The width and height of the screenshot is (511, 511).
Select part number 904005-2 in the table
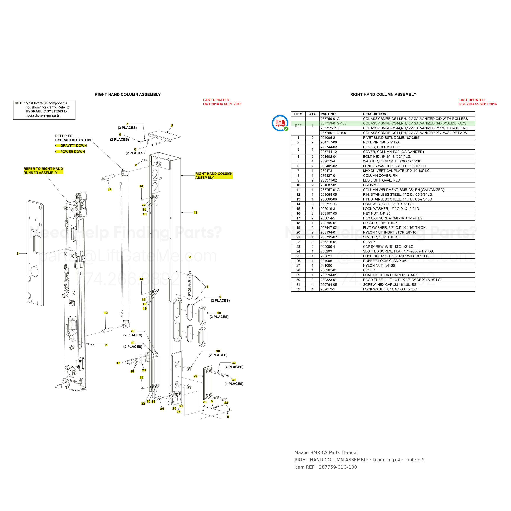pyautogui.click(x=327, y=138)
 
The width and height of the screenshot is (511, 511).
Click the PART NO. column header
pyautogui.click(x=328, y=114)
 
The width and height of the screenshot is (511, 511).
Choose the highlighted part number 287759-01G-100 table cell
pyautogui.click(x=333, y=123)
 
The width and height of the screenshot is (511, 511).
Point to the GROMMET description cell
pyautogui.click(x=372, y=185)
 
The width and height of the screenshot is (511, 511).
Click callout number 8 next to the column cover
pyautogui.click(x=17, y=254)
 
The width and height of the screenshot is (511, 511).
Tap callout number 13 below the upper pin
pyautogui.click(x=110, y=190)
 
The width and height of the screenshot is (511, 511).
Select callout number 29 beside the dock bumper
pyautogui.click(x=195, y=376)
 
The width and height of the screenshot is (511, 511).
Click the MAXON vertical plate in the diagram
pyautogui.click(x=190, y=286)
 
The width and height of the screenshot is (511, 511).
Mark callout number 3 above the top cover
pyautogui.click(x=172, y=125)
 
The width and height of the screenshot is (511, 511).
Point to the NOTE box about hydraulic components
pyautogui.click(x=44, y=110)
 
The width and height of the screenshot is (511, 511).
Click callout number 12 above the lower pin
pyautogui.click(x=106, y=313)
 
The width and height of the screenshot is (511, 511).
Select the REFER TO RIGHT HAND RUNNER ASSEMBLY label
pyautogui.click(x=43, y=171)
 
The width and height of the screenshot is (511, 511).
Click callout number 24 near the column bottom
pyautogui.click(x=162, y=409)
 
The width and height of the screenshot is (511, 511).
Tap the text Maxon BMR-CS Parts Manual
pyautogui.click(x=326, y=453)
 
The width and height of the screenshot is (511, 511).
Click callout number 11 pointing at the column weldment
pyautogui.click(x=195, y=213)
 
